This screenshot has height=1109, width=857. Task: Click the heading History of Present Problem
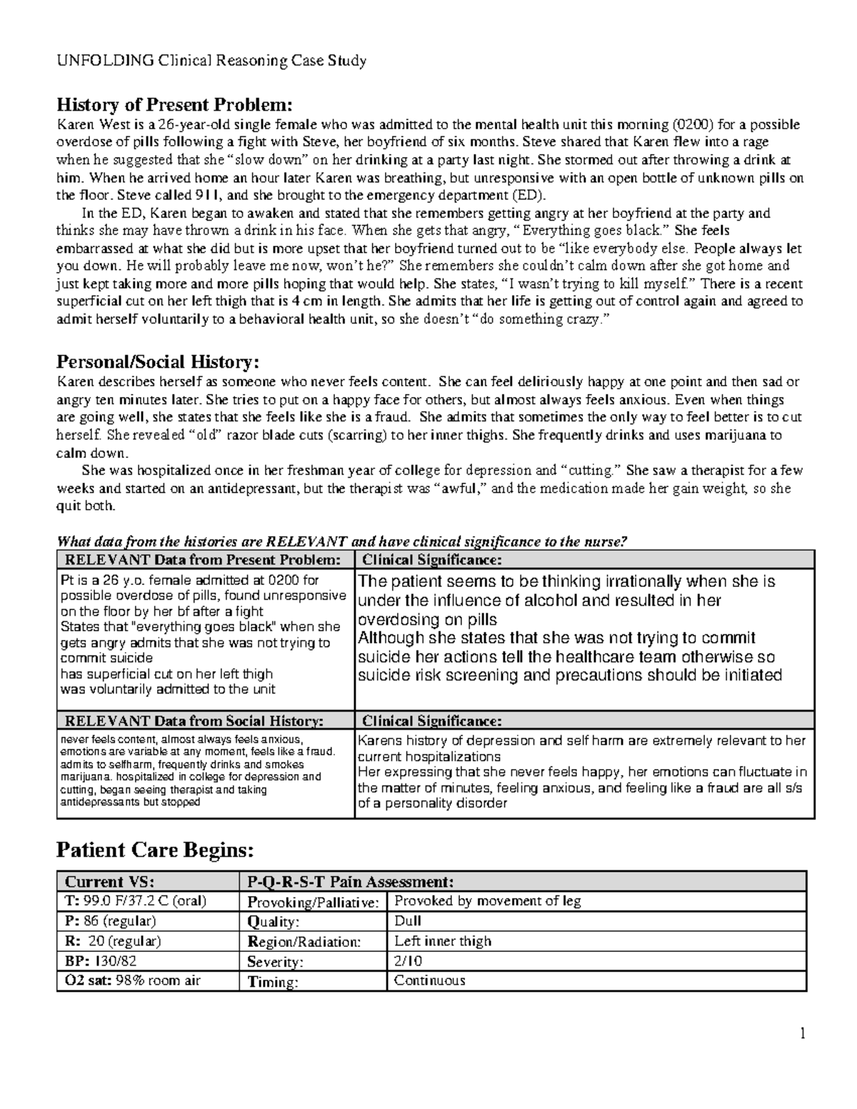175,105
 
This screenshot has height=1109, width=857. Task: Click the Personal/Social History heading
158,361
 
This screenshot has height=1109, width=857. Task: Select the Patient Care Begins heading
155,850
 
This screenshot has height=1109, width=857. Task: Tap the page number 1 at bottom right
803,1033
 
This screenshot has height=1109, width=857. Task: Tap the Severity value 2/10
409,961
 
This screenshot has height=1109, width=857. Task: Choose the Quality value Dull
408,921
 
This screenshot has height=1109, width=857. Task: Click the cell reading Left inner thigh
443,941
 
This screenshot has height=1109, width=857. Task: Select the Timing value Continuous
429,980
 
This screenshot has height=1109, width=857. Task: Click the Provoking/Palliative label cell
313,903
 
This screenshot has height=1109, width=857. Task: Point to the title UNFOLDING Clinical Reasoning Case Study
211,61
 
